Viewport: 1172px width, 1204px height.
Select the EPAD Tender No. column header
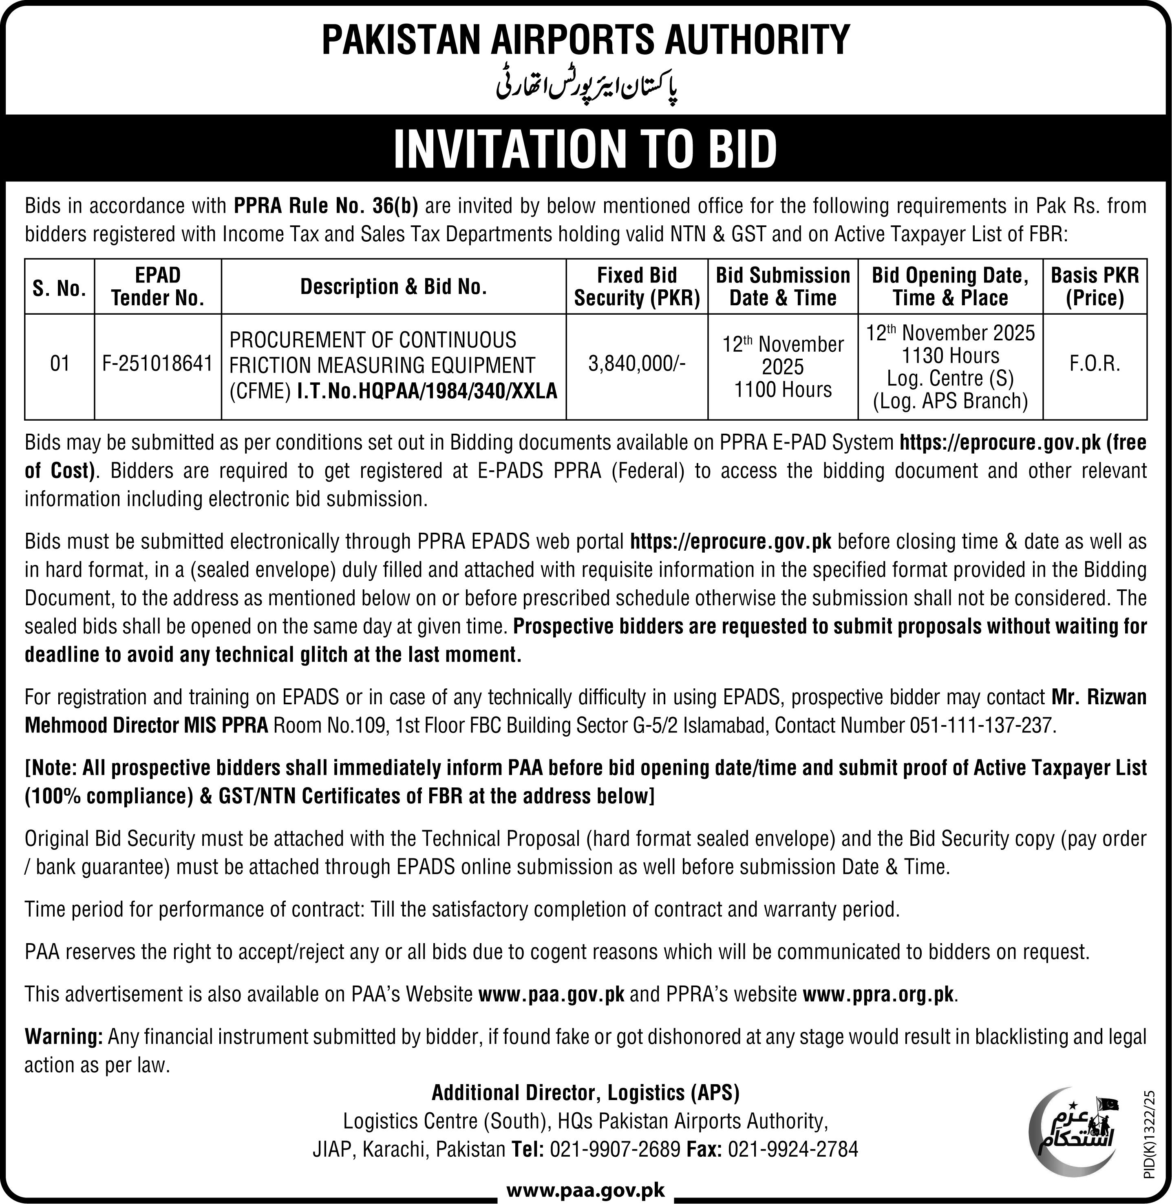(158, 287)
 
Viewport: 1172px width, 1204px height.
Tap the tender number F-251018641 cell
(158, 364)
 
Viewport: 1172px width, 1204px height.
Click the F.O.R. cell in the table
(1095, 364)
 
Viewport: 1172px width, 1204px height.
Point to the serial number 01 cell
(60, 364)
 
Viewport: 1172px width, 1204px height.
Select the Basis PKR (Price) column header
(1095, 287)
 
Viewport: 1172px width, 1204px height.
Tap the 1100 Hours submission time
(783, 390)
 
